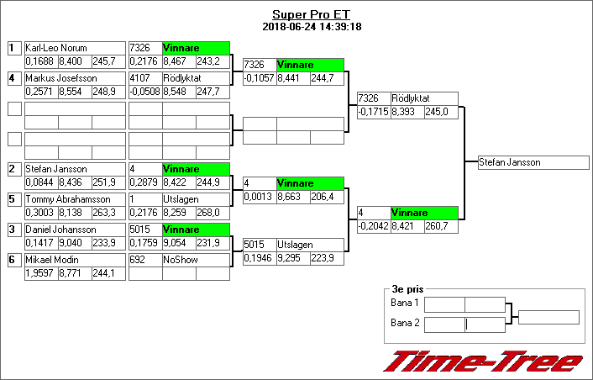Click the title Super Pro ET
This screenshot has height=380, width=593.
[311, 14]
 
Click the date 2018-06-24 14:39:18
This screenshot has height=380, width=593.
[311, 26]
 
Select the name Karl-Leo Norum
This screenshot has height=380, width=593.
[56, 49]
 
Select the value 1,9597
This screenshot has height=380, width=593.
[39, 273]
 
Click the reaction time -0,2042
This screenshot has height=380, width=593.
[372, 226]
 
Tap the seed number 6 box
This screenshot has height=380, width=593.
[14, 260]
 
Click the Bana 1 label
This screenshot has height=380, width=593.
[405, 303]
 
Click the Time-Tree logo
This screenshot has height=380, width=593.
[483, 362]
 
